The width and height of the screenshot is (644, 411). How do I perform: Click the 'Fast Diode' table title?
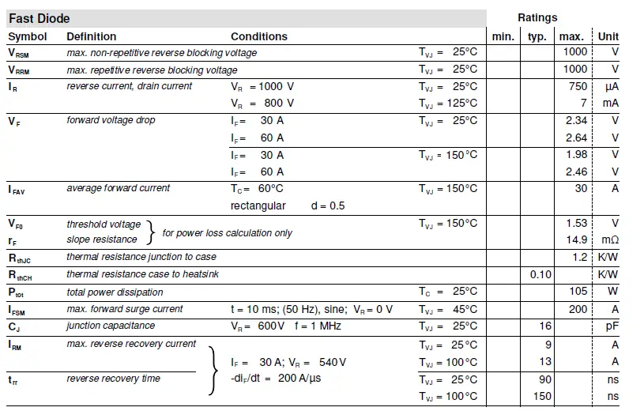pos(39,18)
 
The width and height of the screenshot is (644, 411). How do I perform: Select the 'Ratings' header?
pos(537,17)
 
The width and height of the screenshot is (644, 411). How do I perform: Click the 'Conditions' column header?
pos(259,36)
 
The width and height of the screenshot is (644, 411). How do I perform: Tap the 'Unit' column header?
pos(608,36)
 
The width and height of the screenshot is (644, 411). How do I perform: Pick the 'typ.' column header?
pos(537,36)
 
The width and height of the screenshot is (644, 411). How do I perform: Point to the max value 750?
pos(578,86)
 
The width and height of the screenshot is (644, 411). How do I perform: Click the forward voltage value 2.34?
pos(577,120)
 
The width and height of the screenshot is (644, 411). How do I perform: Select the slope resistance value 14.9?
pos(577,239)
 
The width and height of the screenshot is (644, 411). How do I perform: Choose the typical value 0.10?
pos(540,274)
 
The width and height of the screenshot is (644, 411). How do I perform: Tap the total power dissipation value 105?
pos(578,292)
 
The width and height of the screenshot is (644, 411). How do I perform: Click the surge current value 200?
pos(578,309)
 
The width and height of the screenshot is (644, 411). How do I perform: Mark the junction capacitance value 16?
pos(545,326)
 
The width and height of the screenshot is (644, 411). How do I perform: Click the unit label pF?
pos(612,326)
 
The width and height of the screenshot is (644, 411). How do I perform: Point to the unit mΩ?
pos(610,239)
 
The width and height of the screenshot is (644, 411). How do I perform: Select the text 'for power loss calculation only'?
pos(227,233)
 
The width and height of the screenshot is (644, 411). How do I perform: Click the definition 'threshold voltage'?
pos(104,224)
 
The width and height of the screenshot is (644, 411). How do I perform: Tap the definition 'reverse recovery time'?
pos(113,379)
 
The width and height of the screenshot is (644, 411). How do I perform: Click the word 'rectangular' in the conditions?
pos(258,205)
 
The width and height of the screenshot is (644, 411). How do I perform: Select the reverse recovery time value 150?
pos(542,396)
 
